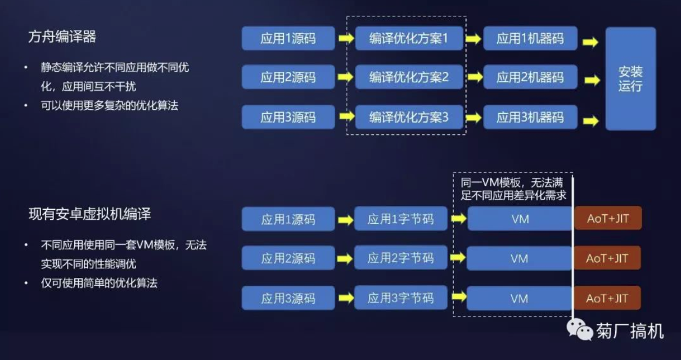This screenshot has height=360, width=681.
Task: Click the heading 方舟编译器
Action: [x=62, y=37]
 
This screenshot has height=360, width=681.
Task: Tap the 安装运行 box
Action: [x=630, y=79]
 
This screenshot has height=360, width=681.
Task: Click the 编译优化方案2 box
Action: [x=409, y=77]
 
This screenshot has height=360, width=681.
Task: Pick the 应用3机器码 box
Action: [x=530, y=117]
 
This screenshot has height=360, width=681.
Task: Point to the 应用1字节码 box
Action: [x=400, y=219]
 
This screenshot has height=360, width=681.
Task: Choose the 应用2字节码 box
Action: [x=400, y=258]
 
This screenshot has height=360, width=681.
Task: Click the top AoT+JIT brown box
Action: [x=607, y=219]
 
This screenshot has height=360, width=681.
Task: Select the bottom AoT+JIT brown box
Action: [x=607, y=298]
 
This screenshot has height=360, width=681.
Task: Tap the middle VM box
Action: [x=519, y=258]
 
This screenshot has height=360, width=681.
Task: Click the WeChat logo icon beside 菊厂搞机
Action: [x=579, y=330]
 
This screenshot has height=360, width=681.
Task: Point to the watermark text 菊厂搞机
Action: [x=630, y=331]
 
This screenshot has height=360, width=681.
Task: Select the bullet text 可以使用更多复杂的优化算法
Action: [x=109, y=105]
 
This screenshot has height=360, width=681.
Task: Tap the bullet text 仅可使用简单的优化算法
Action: [x=99, y=283]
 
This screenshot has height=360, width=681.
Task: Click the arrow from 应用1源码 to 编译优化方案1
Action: [x=345, y=39]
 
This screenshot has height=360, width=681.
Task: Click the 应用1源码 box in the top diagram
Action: [x=288, y=38]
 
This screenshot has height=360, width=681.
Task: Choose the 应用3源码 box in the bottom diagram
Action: [x=288, y=298]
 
